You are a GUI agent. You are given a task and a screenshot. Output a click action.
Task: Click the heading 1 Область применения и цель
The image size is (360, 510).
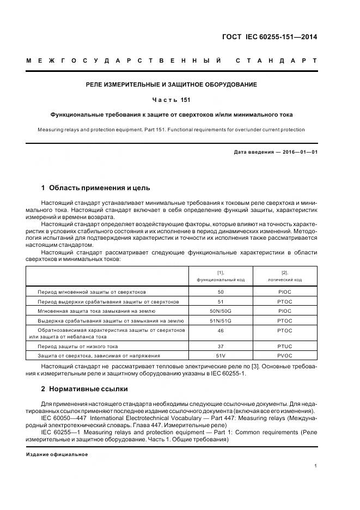tap(95, 188)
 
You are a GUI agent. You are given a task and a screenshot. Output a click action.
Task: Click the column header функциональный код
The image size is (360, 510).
tap(221, 279)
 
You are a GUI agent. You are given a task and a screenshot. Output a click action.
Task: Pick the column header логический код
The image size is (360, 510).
tap(284, 279)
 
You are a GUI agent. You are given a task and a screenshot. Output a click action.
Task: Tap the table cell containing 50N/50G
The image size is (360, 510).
tap(221, 311)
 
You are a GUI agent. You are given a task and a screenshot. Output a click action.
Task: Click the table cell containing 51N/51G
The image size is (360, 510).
tap(221, 321)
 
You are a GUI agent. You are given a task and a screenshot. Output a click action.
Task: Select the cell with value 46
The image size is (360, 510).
tap(221, 330)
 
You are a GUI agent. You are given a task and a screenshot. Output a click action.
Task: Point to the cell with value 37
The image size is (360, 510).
tap(221, 346)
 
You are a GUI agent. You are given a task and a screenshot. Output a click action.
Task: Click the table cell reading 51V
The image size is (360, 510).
tap(221, 355)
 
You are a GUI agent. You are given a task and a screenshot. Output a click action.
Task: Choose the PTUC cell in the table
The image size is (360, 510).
tap(284, 346)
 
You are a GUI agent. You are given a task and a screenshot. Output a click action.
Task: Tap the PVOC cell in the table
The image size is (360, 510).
tap(284, 355)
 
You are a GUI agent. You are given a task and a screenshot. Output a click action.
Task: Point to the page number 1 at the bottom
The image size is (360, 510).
tap(316, 466)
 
